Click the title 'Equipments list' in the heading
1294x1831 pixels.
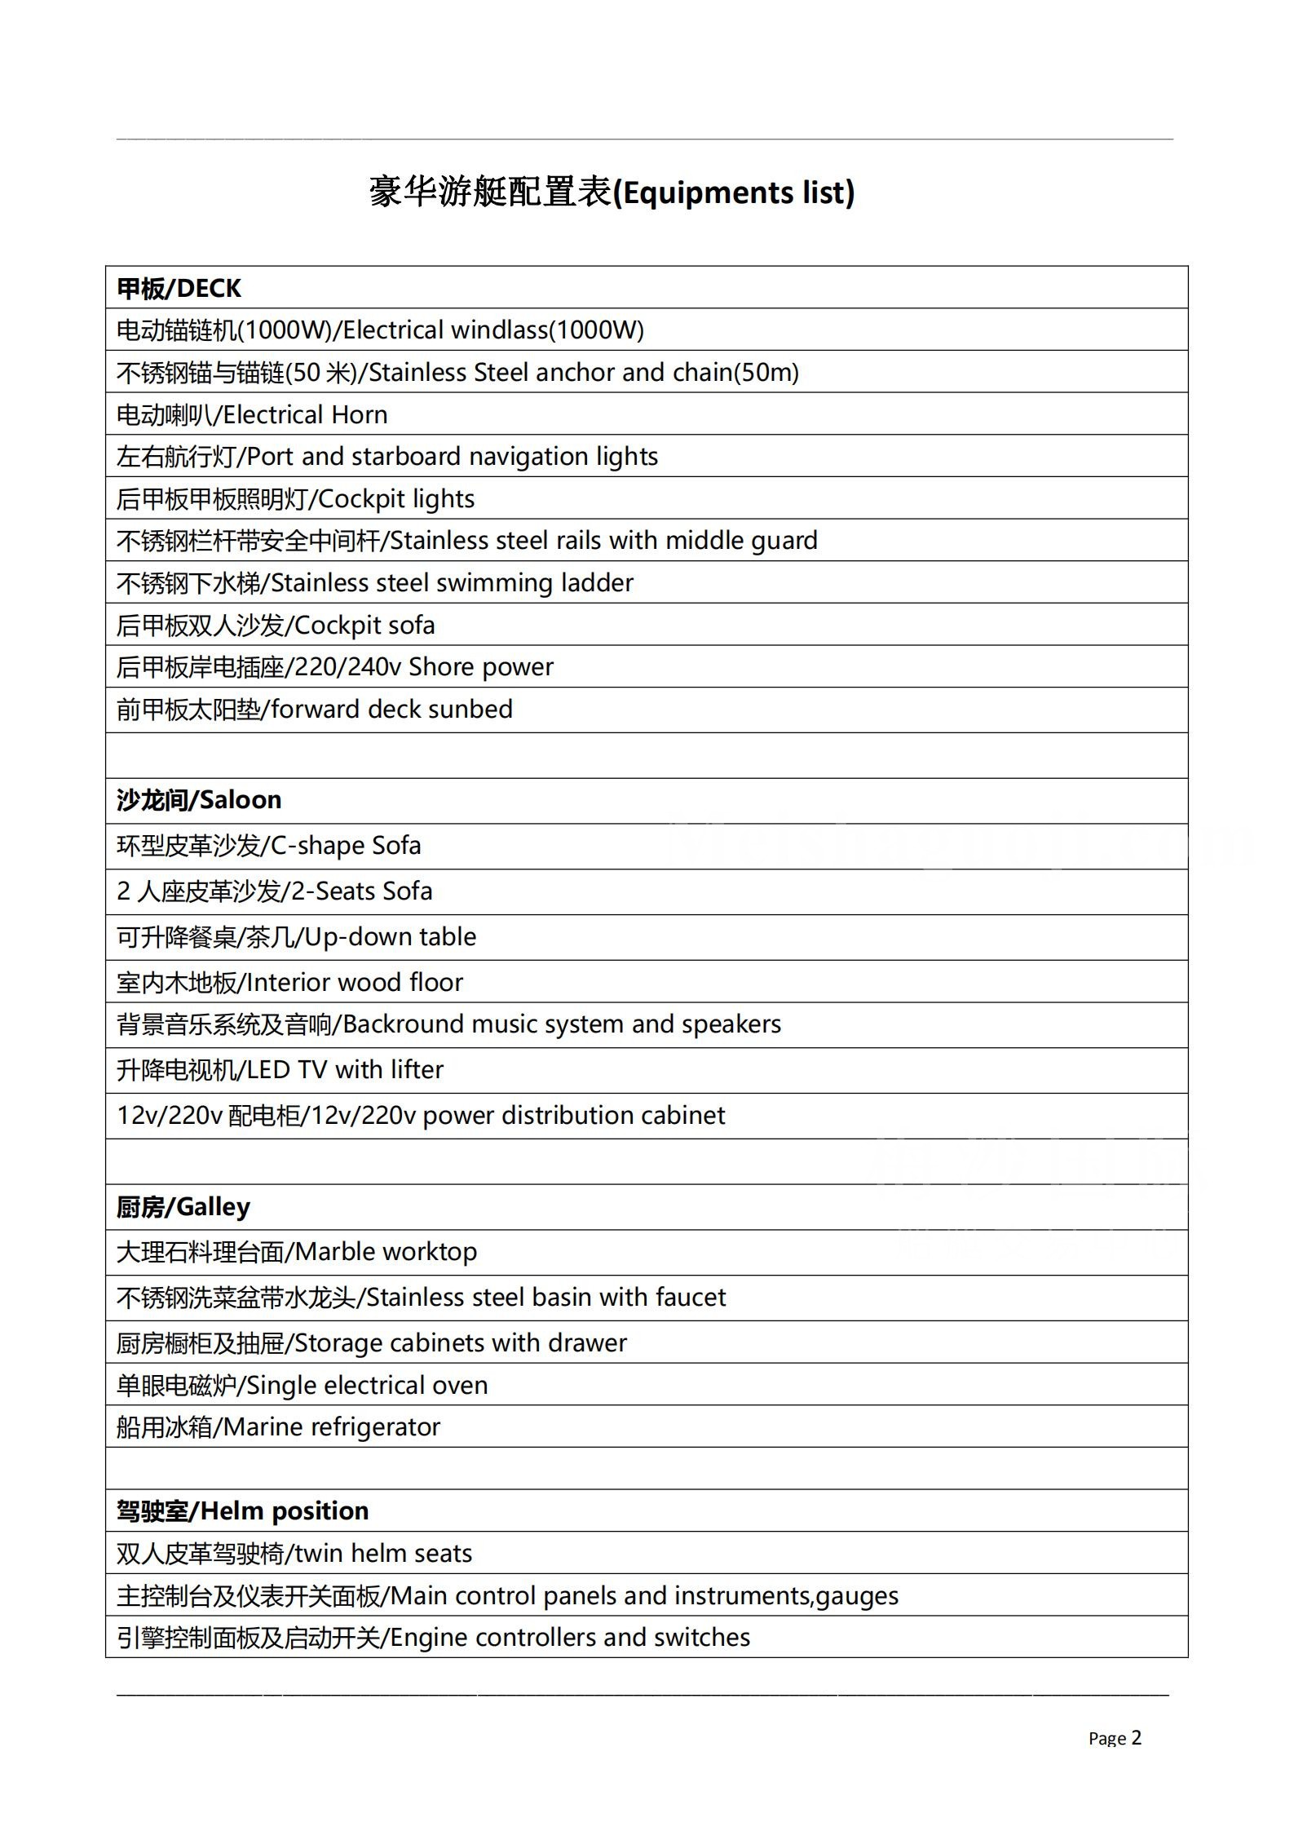click(736, 193)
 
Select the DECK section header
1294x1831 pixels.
click(179, 288)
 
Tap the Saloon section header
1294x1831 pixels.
click(199, 800)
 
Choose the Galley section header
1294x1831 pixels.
click(183, 1206)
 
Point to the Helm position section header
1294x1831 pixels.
click(242, 1510)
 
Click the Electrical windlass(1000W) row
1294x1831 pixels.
click(379, 330)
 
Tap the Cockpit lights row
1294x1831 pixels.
click(295, 499)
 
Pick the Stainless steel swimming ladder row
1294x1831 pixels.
click(374, 583)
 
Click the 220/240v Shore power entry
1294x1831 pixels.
click(334, 667)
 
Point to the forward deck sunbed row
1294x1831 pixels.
click(314, 710)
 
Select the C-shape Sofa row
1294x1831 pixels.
click(268, 846)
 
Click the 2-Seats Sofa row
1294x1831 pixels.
click(274, 891)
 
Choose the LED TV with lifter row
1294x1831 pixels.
click(280, 1070)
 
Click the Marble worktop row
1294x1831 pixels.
click(296, 1252)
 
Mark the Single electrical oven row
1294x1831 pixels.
click(302, 1386)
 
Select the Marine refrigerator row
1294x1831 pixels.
click(278, 1427)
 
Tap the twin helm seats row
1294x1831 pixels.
click(294, 1554)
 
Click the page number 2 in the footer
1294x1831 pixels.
click(1136, 1738)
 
